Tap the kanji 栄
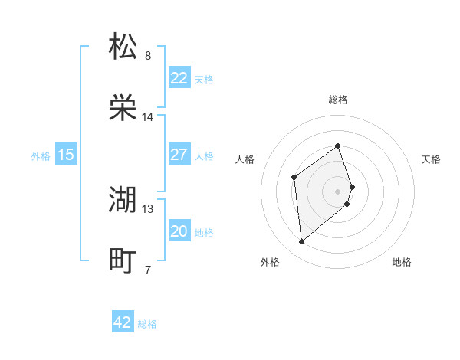[x=123, y=108]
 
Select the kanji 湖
[x=123, y=200]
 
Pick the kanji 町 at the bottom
[x=123, y=261]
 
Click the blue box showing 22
[x=179, y=78]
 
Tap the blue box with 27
[x=179, y=155]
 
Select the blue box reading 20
[x=179, y=231]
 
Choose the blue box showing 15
[x=66, y=155]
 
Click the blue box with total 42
[x=123, y=322]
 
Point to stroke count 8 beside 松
[x=148, y=56]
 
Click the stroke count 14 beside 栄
[x=148, y=117]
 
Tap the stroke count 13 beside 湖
[x=148, y=209]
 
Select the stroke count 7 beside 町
[x=148, y=270]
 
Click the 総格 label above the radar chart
[x=338, y=100]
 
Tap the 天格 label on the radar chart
[x=431, y=159]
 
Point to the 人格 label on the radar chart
[x=245, y=159]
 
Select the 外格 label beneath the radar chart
[x=270, y=262]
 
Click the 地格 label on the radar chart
[x=402, y=262]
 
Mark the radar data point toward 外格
[x=301, y=242]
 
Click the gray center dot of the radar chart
[x=338, y=191]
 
